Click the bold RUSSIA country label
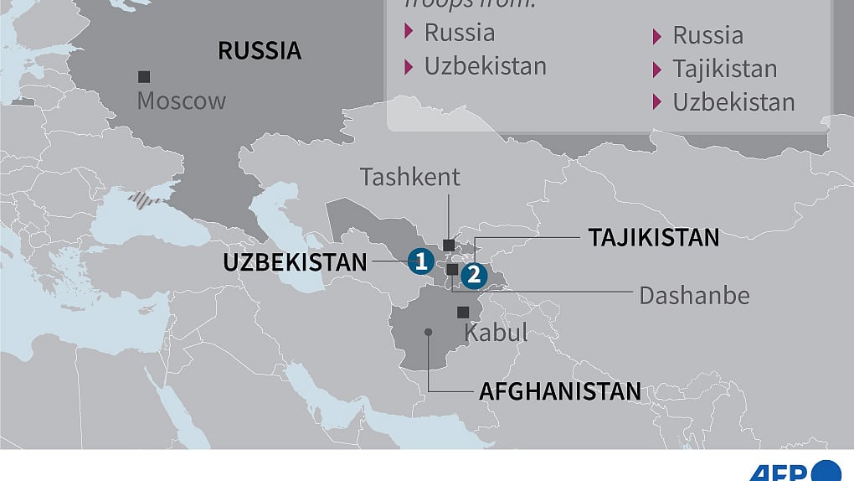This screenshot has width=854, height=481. pyautogui.click(x=260, y=50)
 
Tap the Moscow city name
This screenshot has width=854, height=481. pyautogui.click(x=182, y=101)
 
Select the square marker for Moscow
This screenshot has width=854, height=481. pyautogui.click(x=144, y=76)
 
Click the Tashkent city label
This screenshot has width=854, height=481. pyautogui.click(x=410, y=177)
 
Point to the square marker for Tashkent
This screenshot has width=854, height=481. pyautogui.click(x=449, y=245)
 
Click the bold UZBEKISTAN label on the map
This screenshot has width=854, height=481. pyautogui.click(x=295, y=262)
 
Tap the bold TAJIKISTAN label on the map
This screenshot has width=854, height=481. pyautogui.click(x=654, y=238)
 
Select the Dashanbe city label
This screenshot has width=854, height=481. pyautogui.click(x=694, y=295)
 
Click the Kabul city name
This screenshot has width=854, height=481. pyautogui.click(x=496, y=333)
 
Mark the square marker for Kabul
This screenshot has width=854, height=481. pyautogui.click(x=463, y=312)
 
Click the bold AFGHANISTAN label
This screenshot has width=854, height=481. pyautogui.click(x=560, y=391)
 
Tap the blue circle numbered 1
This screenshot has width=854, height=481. pyautogui.click(x=420, y=261)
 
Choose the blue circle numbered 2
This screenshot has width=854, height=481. pyautogui.click(x=473, y=273)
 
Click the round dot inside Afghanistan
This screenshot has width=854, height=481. pyautogui.click(x=428, y=332)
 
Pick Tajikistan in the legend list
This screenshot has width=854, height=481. pyautogui.click(x=725, y=69)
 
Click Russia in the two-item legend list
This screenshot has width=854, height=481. pyautogui.click(x=460, y=33)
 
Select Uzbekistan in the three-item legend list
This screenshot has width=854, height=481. pyautogui.click(x=733, y=102)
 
